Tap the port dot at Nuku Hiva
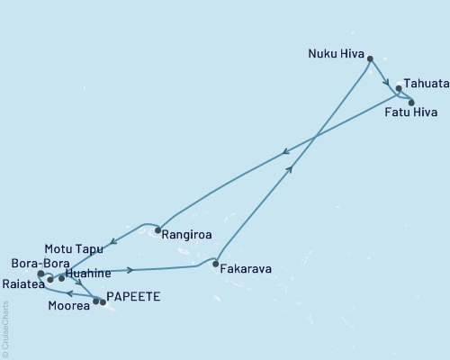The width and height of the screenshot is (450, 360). click(370, 58)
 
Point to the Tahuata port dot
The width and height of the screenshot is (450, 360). click(399, 89)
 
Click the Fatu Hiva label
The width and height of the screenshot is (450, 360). click(410, 113)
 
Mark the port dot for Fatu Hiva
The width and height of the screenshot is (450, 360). click(411, 103)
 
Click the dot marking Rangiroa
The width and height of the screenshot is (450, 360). click(157, 229)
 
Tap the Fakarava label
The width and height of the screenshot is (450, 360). click(247, 267)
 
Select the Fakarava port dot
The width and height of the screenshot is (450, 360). click(214, 265)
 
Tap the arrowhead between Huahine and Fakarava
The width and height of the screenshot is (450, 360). click(131, 269)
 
